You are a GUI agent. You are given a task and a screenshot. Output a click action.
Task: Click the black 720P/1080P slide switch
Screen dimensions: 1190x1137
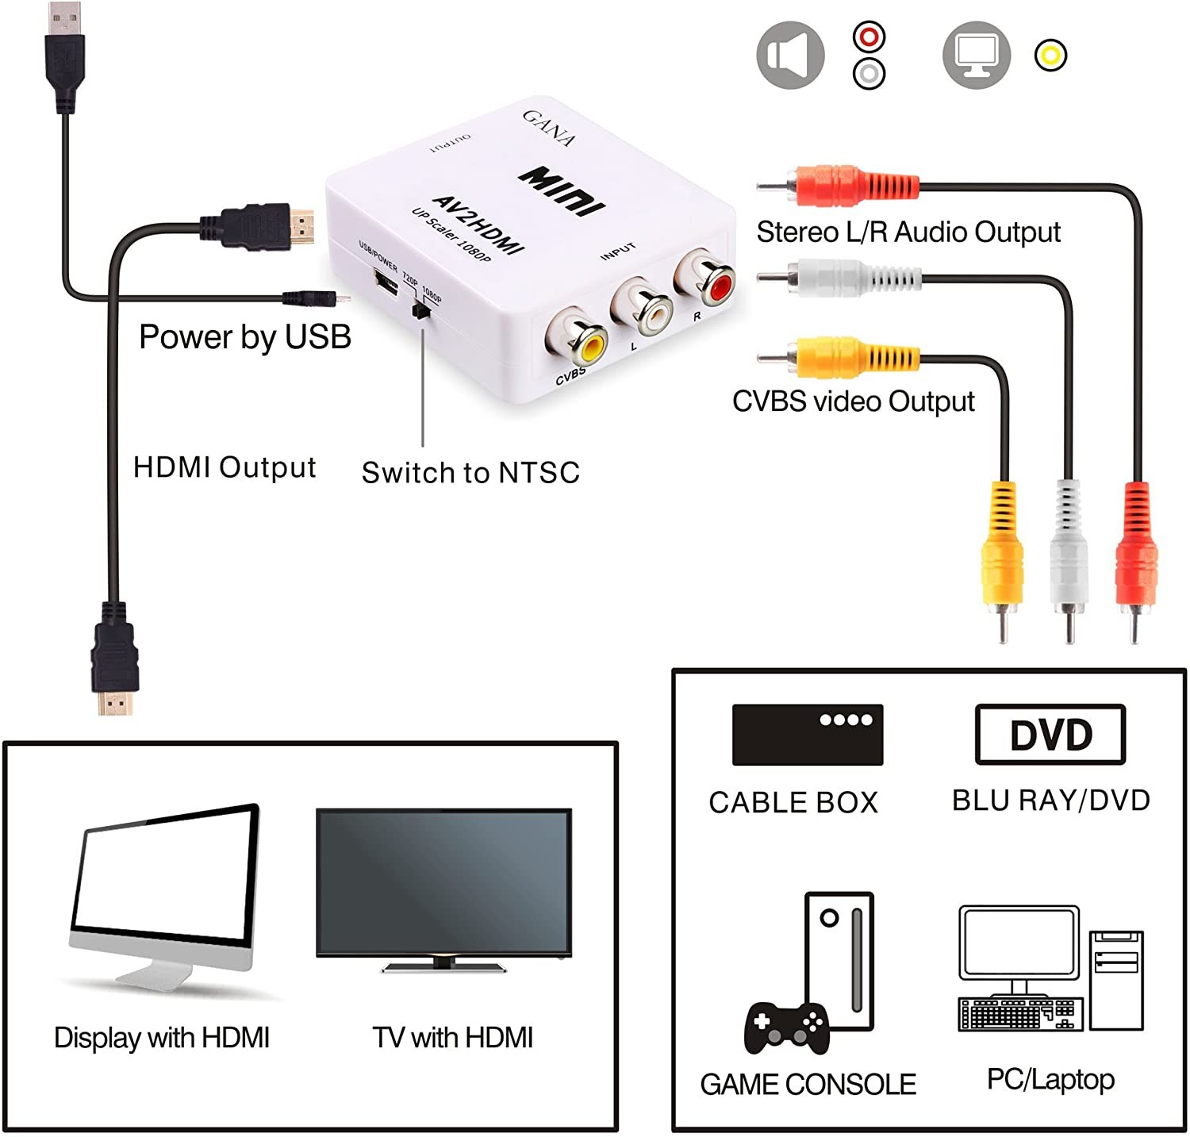click(420, 309)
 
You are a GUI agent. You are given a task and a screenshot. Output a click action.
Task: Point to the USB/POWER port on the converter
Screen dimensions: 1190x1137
click(386, 281)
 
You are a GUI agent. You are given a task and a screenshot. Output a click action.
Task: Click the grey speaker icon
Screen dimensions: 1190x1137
click(790, 55)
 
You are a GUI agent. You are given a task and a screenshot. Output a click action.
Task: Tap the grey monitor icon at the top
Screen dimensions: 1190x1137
click(977, 55)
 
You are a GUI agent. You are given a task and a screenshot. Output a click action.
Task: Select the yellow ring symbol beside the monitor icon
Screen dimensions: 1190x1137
click(1050, 56)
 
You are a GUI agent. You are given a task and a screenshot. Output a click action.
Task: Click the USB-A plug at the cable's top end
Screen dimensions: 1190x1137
click(65, 57)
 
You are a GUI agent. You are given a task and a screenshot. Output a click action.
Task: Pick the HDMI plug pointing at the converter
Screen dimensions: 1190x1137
click(257, 225)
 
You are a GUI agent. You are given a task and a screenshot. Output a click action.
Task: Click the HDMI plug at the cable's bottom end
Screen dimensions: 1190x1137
click(115, 659)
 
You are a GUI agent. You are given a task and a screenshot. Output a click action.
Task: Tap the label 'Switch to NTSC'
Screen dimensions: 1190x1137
click(470, 473)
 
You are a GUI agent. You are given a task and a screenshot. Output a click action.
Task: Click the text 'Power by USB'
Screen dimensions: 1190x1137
click(245, 337)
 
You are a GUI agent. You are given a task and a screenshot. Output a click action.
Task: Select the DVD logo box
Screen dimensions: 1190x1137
click(1050, 734)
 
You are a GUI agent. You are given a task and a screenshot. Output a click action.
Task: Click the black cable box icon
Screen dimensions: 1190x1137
click(808, 735)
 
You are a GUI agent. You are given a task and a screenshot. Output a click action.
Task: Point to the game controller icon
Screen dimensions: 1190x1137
click(786, 1028)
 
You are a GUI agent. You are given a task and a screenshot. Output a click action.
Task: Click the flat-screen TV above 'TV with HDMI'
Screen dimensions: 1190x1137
click(444, 890)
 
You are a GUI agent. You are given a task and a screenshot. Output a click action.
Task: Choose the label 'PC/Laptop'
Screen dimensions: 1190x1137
click(1050, 1080)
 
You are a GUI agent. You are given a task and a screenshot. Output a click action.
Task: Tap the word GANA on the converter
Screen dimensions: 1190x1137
click(549, 128)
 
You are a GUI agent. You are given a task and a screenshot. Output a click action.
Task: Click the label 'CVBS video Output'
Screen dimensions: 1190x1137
click(853, 401)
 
